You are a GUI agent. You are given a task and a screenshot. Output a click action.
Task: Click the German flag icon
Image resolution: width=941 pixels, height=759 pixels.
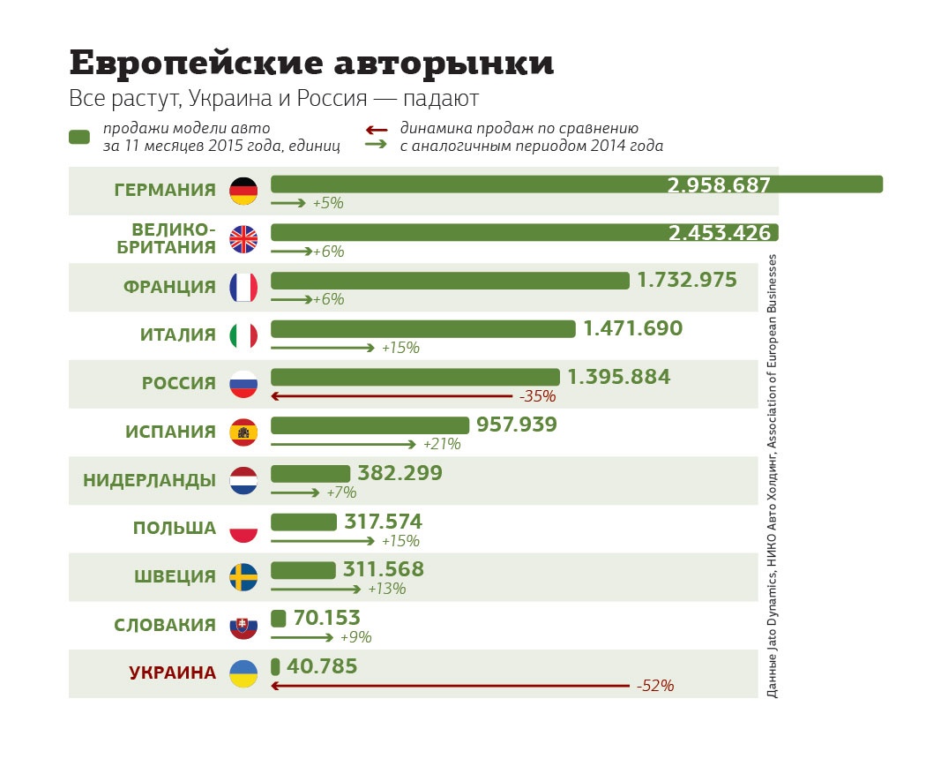pyautogui.click(x=243, y=191)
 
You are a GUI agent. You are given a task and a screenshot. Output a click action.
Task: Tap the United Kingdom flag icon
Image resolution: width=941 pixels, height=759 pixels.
pyautogui.click(x=243, y=238)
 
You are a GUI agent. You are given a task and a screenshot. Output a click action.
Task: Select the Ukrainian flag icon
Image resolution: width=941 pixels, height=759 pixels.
pyautogui.click(x=243, y=673)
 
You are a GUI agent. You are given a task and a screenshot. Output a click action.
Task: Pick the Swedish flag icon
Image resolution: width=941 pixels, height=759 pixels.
pyautogui.click(x=243, y=577)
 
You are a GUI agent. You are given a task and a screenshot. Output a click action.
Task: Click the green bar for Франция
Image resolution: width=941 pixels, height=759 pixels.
pyautogui.click(x=449, y=281)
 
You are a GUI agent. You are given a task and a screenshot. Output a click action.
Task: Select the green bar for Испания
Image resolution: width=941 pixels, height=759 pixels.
pyautogui.click(x=370, y=425)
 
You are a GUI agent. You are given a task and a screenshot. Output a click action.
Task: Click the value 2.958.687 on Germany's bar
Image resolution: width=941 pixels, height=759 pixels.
pyautogui.click(x=719, y=185)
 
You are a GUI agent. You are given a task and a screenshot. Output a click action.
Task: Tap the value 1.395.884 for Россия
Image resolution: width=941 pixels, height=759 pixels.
pyautogui.click(x=618, y=378)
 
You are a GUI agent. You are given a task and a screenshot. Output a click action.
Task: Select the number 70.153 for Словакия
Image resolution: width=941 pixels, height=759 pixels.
pyautogui.click(x=326, y=619)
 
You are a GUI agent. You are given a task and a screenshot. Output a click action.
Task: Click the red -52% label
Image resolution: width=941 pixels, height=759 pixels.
pyautogui.click(x=654, y=686)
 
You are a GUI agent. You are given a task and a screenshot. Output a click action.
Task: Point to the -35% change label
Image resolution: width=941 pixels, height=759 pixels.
pyautogui.click(x=537, y=396)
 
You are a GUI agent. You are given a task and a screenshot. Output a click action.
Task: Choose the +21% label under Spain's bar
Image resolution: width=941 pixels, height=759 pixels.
pyautogui.click(x=442, y=444)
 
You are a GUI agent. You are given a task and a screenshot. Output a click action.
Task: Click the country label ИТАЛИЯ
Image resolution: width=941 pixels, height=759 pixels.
pyautogui.click(x=177, y=335)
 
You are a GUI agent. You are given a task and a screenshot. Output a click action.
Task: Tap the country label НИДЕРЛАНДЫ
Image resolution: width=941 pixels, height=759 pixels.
pyautogui.click(x=149, y=480)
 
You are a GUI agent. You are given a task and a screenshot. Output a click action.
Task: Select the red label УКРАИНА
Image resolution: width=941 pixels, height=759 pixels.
pyautogui.click(x=172, y=673)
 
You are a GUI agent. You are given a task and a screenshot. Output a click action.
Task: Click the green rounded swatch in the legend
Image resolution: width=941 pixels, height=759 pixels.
pyautogui.click(x=79, y=137)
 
